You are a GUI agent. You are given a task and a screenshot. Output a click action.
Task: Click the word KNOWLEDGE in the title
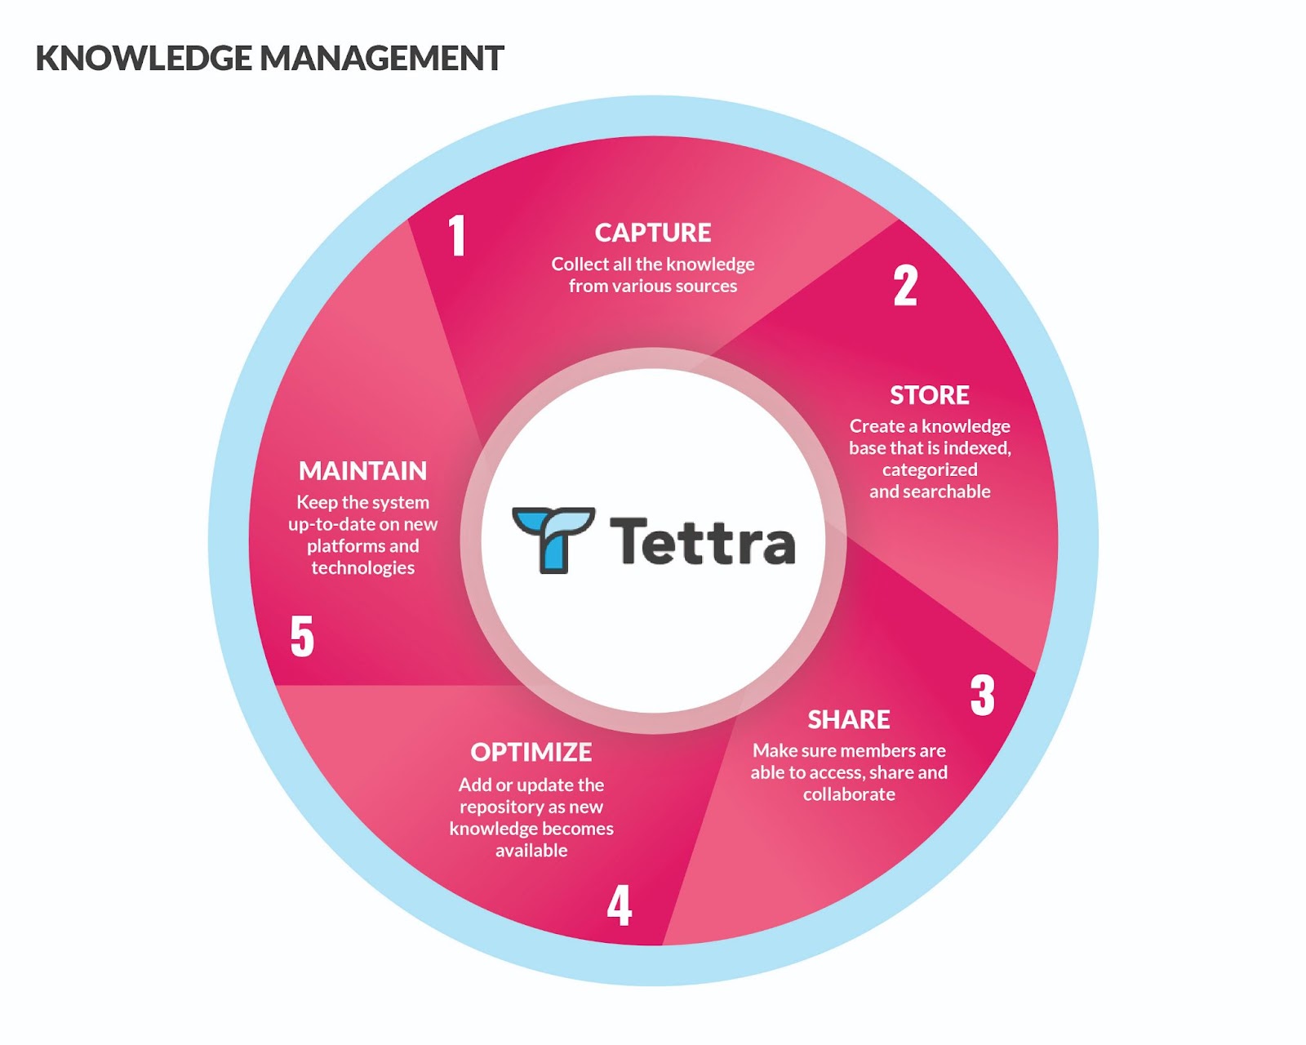click(x=144, y=59)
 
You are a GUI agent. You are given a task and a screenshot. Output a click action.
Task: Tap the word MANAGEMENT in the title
click(x=381, y=59)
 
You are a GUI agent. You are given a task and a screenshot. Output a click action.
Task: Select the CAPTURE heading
click(x=653, y=233)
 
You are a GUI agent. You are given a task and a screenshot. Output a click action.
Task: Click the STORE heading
click(x=929, y=395)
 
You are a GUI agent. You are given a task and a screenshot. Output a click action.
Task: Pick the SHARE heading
click(x=849, y=719)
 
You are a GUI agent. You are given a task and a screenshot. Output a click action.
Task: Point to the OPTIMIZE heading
click(x=531, y=752)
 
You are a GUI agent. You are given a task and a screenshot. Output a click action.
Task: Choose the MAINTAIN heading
click(x=363, y=471)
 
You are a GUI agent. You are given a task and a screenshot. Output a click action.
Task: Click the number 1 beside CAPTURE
click(x=457, y=235)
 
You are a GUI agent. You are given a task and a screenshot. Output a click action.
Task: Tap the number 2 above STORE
click(x=905, y=286)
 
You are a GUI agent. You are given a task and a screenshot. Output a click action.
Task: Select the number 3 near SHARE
click(x=983, y=696)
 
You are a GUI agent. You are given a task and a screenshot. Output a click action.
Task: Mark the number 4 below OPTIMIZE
click(x=620, y=905)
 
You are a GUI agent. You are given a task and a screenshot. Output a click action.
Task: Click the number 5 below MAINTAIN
click(x=302, y=636)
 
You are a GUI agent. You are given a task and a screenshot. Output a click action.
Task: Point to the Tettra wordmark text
click(x=702, y=541)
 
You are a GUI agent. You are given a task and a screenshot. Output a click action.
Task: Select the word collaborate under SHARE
click(x=849, y=794)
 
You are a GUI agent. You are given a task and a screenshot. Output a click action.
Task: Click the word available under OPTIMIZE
click(x=531, y=851)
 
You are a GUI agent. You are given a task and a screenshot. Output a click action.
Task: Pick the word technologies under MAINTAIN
click(x=363, y=568)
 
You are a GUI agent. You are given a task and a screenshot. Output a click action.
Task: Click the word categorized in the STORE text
click(x=930, y=469)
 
